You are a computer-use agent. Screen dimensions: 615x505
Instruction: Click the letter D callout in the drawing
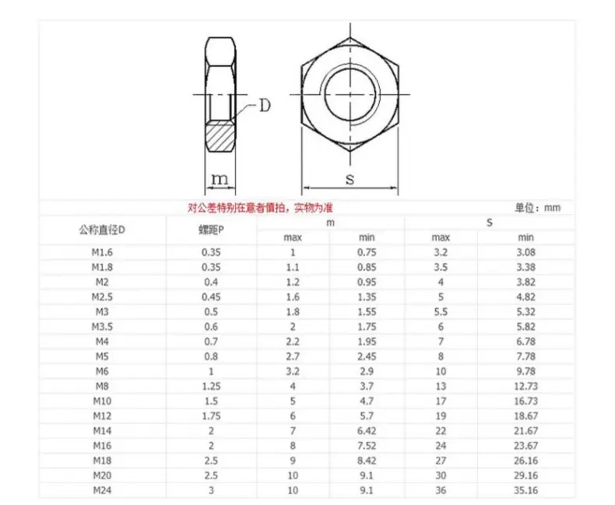tap(265, 106)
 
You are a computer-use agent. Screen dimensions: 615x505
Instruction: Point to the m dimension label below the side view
tap(220, 179)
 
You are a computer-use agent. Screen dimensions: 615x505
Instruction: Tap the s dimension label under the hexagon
tap(350, 179)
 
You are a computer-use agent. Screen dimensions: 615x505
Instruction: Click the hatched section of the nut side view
tap(220, 136)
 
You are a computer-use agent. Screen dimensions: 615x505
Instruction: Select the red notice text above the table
tap(260, 208)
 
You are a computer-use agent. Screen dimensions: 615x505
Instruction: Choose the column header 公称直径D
tap(102, 230)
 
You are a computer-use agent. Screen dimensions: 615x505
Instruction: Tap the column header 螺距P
tap(211, 230)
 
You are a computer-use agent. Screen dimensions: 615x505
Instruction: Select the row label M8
tap(102, 386)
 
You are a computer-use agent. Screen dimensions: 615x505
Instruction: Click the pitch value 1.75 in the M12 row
tap(211, 416)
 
